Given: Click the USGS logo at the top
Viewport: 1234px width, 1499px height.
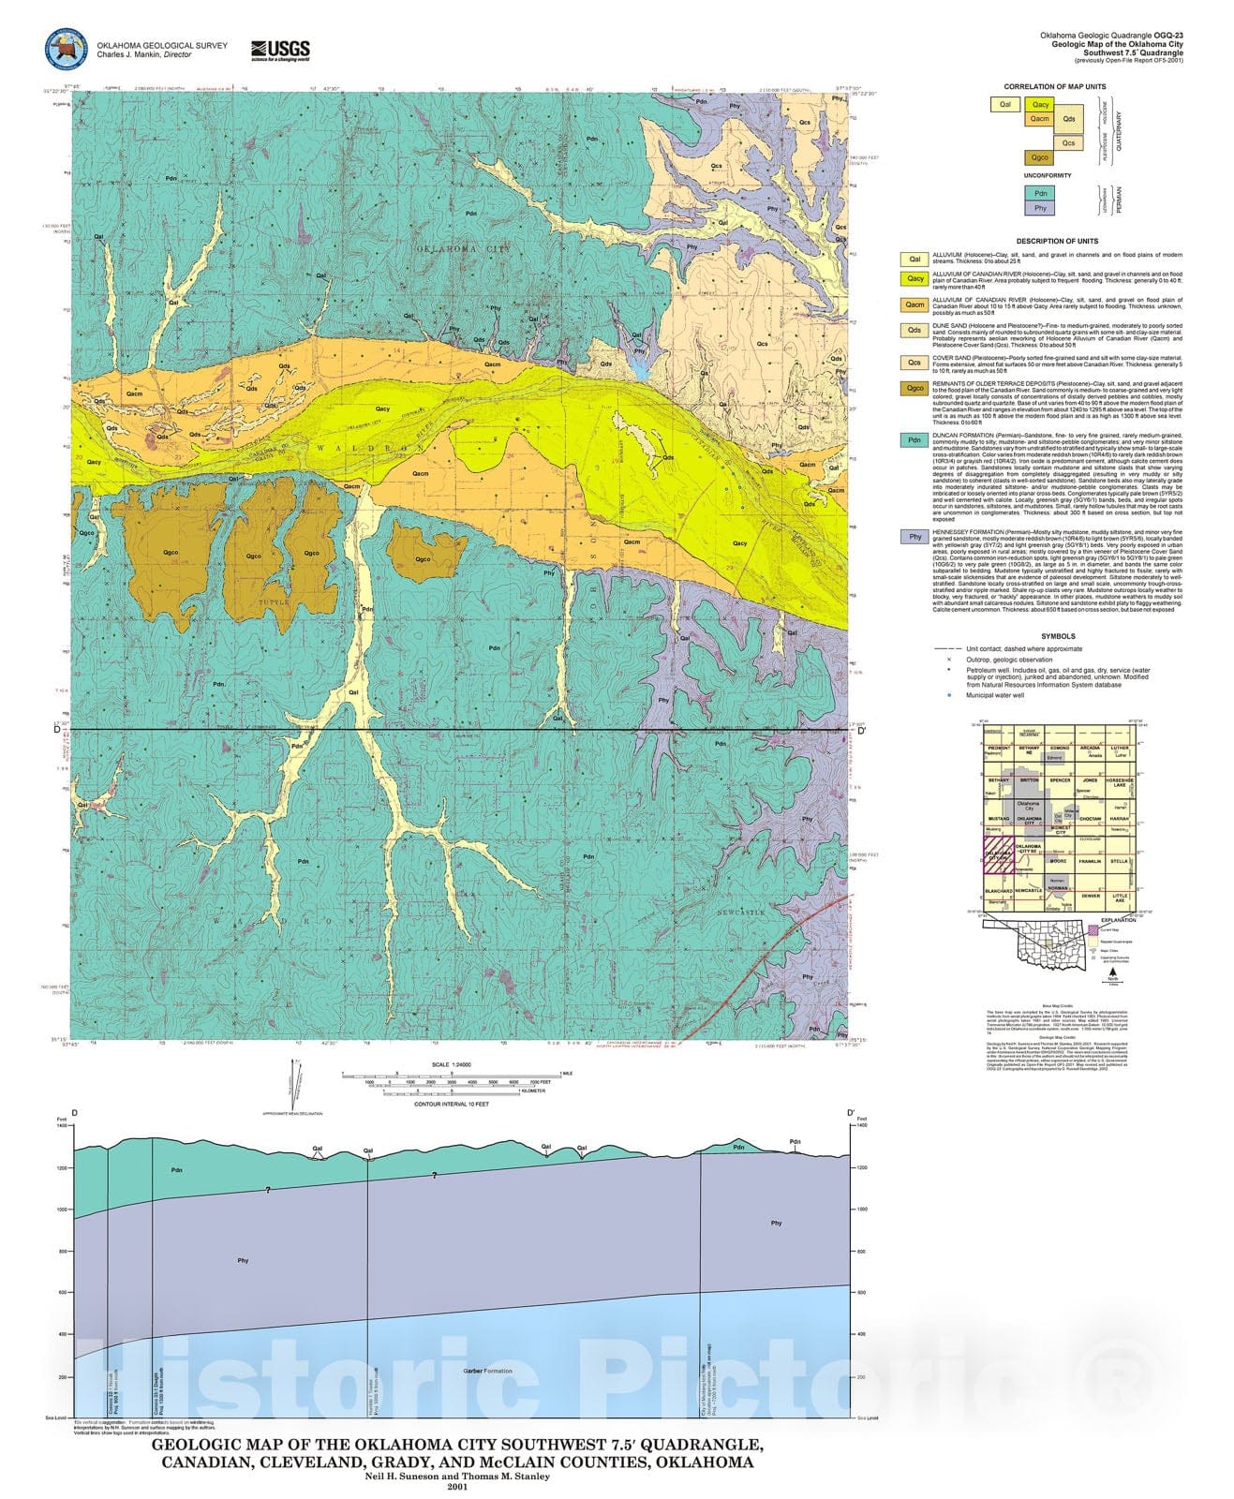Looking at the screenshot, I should (x=280, y=50).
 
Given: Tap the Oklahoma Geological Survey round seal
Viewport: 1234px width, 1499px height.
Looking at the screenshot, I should (x=66, y=52).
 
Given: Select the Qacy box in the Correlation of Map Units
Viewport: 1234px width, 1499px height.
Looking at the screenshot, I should (x=1039, y=104).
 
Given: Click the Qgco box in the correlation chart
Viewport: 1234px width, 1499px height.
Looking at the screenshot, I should (x=1039, y=157).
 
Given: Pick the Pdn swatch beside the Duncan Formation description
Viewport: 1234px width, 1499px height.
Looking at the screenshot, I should (x=914, y=440).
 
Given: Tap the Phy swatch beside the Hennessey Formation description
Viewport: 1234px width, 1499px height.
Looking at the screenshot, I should (x=914, y=537).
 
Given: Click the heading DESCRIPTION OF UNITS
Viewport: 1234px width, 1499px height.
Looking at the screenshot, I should (x=1057, y=241).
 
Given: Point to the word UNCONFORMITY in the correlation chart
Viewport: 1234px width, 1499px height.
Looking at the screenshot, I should (x=1047, y=175).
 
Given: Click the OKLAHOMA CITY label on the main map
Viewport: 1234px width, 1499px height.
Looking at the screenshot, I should (x=464, y=249).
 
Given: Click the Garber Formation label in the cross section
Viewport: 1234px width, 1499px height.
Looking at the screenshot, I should (x=487, y=1371).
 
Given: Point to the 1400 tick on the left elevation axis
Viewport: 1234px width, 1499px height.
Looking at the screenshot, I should (x=62, y=1125).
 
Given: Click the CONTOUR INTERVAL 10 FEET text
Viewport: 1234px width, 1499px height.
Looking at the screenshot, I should (x=452, y=1104).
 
